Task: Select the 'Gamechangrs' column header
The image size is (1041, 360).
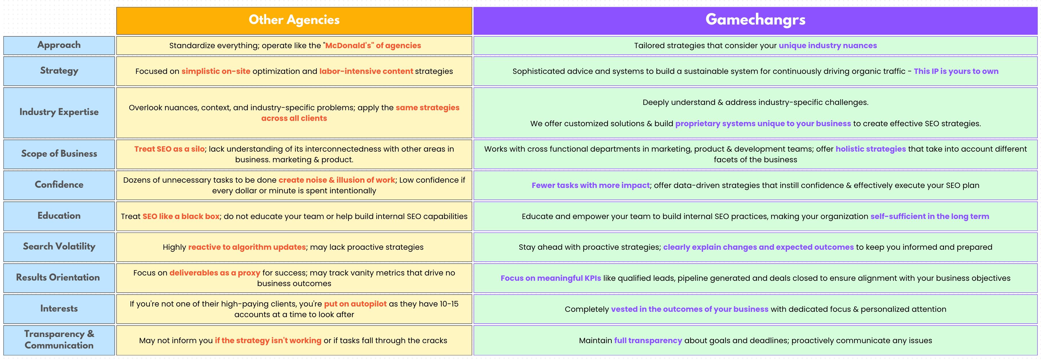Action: pyautogui.click(x=755, y=20)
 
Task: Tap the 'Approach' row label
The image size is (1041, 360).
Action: pyautogui.click(x=59, y=45)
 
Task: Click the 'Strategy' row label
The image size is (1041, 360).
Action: pyautogui.click(x=59, y=71)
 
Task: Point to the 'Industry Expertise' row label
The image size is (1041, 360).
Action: pyautogui.click(x=59, y=112)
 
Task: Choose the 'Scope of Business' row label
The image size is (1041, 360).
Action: pyautogui.click(x=59, y=153)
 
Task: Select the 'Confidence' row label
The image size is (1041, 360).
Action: pyautogui.click(x=59, y=185)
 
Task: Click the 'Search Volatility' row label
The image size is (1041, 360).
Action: pyautogui.click(x=59, y=247)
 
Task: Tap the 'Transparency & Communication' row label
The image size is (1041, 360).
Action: pyautogui.click(x=59, y=339)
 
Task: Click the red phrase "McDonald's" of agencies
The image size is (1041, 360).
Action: pyautogui.click(x=373, y=46)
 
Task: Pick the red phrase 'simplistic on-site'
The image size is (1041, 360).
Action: pyautogui.click(x=216, y=72)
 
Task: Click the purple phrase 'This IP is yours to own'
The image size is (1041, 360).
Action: pyautogui.click(x=956, y=72)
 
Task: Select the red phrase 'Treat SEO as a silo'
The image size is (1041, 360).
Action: pyautogui.click(x=169, y=149)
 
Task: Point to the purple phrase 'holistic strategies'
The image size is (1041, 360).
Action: pyautogui.click(x=871, y=149)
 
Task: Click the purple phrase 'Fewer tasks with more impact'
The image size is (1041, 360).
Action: pyautogui.click(x=591, y=185)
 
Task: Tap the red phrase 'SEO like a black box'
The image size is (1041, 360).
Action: pyautogui.click(x=181, y=217)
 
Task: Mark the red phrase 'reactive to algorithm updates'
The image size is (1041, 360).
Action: pyautogui.click(x=247, y=247)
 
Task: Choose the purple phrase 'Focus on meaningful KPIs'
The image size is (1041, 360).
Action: pyautogui.click(x=551, y=278)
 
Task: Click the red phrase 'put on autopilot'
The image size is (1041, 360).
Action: pyautogui.click(x=355, y=304)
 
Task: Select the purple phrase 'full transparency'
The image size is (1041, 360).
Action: pyautogui.click(x=648, y=340)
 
